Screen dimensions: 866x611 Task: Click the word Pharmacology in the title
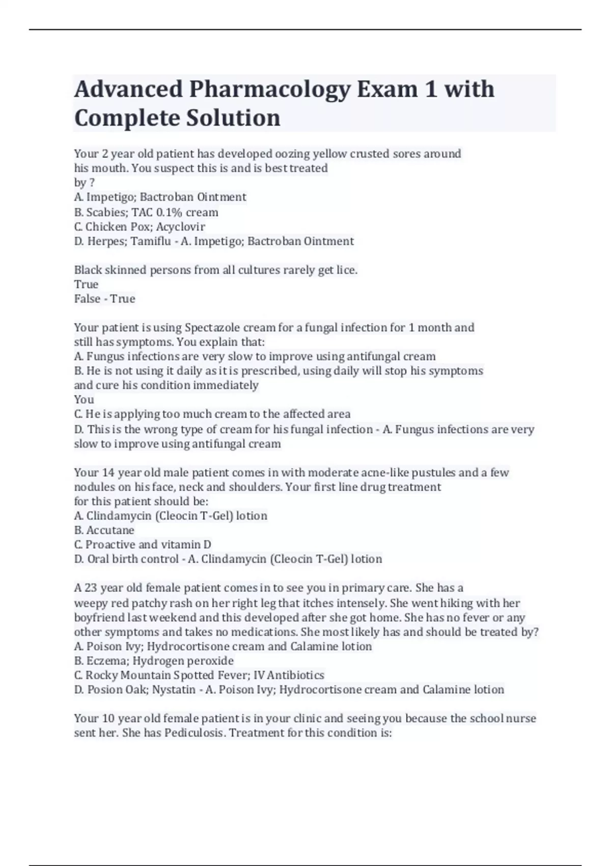pos(270,90)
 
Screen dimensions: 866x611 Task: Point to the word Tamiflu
pos(151,241)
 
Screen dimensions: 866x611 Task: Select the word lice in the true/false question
pos(345,270)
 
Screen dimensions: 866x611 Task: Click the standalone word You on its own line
pos(84,399)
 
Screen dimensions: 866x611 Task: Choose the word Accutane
pos(110,530)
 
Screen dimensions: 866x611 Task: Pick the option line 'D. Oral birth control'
pos(126,559)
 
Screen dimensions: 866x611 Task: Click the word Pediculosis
pos(195,733)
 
